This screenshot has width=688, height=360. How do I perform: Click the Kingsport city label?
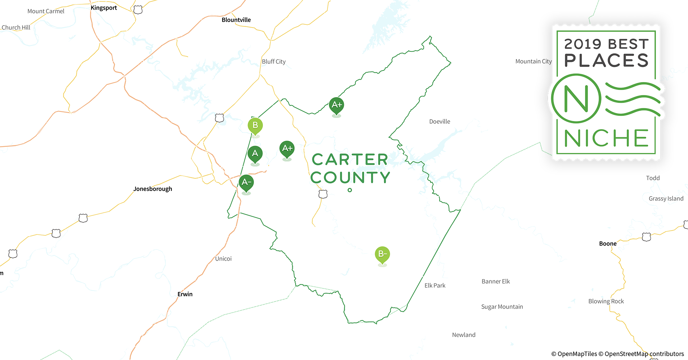(104, 8)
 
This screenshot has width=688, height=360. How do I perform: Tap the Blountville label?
(236, 20)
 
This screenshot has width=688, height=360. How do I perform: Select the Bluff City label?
(274, 62)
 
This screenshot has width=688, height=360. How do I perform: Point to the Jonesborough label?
(153, 189)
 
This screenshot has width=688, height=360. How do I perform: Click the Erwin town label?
(185, 294)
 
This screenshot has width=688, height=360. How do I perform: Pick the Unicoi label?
(223, 259)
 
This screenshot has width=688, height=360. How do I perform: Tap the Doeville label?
(439, 122)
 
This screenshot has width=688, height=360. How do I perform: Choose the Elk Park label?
(435, 285)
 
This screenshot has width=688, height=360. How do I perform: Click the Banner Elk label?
(496, 282)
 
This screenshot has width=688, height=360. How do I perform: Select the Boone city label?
(608, 244)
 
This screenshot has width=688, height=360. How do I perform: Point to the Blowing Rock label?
(606, 301)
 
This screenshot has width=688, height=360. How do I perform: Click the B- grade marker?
(382, 254)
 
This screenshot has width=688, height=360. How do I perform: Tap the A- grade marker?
(246, 182)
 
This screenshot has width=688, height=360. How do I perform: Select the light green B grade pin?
(255, 125)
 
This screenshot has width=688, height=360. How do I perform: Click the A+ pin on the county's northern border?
(336, 105)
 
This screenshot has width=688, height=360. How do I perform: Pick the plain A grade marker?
(255, 154)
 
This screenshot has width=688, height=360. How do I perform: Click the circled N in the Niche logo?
(576, 98)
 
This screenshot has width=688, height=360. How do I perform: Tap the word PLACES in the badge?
(606, 60)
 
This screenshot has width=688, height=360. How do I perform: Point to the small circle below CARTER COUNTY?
(350, 190)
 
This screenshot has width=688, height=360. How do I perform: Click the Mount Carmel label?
(46, 11)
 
